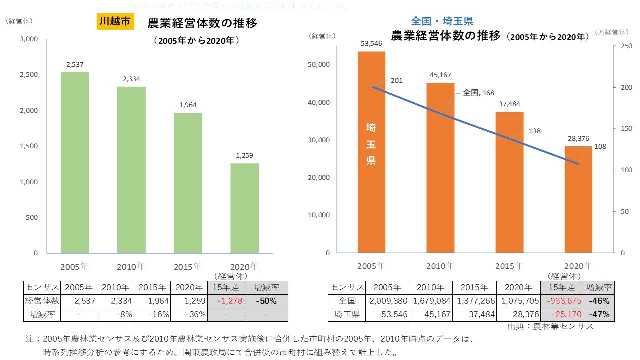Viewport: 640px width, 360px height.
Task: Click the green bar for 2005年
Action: point(75,162)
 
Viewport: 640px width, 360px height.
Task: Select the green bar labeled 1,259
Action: point(245,208)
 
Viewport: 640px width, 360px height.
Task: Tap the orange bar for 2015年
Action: point(509,182)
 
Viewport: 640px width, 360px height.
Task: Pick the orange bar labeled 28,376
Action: point(578,200)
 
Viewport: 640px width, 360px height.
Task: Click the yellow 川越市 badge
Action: point(115,22)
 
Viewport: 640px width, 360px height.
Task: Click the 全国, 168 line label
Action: point(479,92)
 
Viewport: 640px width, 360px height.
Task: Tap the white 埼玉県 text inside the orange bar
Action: point(371,144)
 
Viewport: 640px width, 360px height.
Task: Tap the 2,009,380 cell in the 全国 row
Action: point(387,301)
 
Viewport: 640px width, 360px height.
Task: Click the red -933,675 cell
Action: point(562,301)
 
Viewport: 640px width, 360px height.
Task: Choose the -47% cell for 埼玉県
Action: point(599,315)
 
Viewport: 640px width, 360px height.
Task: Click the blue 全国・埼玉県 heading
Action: point(442,21)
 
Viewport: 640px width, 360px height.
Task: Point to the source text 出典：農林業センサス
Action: point(550,327)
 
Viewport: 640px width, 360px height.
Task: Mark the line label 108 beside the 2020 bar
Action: point(600,147)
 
